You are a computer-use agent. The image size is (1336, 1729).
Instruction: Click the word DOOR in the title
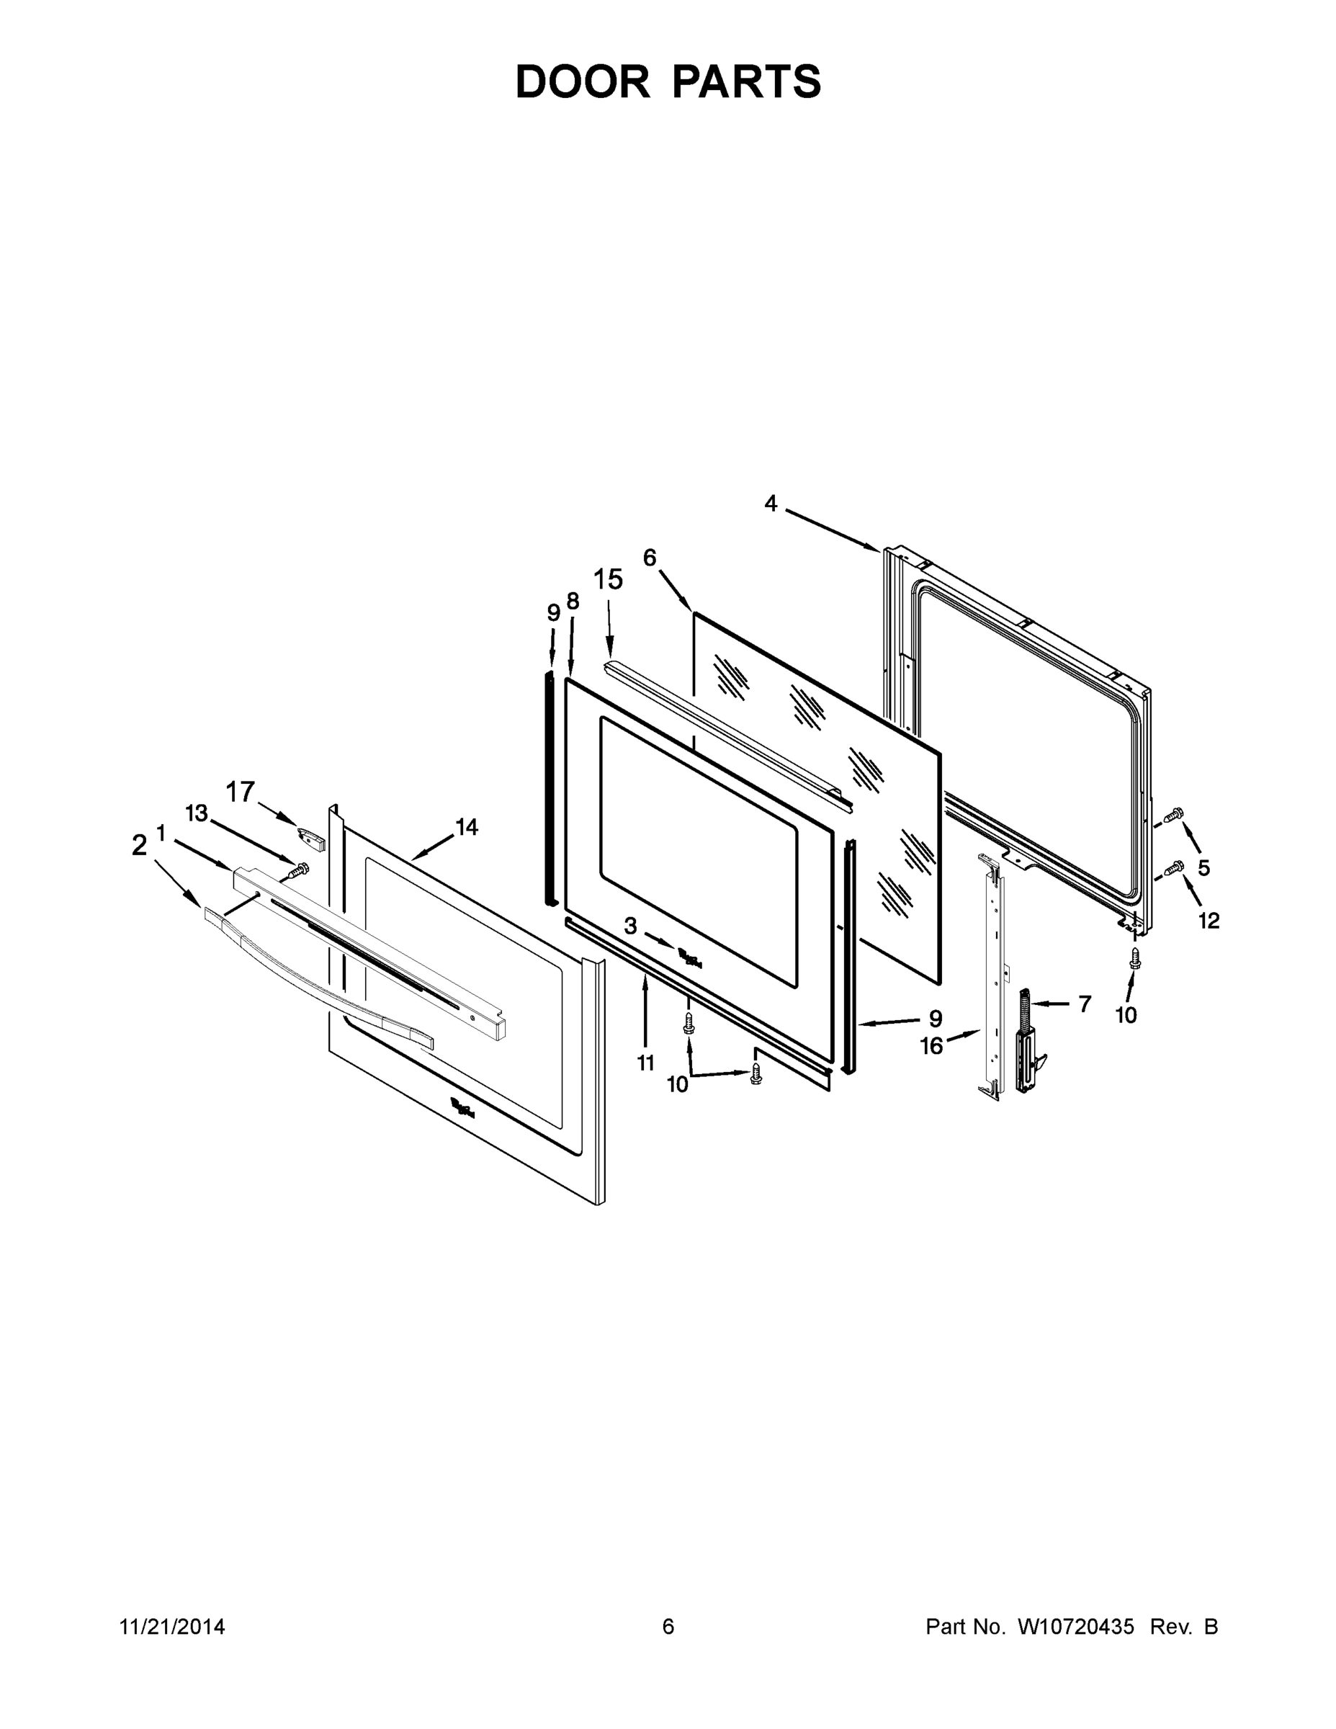pyautogui.click(x=582, y=81)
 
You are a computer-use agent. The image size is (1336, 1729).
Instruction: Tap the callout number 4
pyautogui.click(x=770, y=504)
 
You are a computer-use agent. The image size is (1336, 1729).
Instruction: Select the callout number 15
pyautogui.click(x=608, y=580)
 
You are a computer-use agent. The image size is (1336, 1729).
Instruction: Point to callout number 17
pyautogui.click(x=241, y=791)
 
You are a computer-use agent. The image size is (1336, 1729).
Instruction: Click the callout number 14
pyautogui.click(x=466, y=827)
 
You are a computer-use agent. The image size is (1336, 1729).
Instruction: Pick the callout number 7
pyautogui.click(x=1085, y=1004)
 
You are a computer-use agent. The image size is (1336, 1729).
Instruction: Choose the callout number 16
pyautogui.click(x=931, y=1046)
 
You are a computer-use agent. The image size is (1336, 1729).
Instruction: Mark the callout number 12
pyautogui.click(x=1209, y=920)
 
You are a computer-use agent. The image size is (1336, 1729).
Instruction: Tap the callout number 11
pyautogui.click(x=646, y=1063)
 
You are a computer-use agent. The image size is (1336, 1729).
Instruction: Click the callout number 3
pyautogui.click(x=630, y=926)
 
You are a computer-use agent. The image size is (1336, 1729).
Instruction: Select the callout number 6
pyautogui.click(x=649, y=558)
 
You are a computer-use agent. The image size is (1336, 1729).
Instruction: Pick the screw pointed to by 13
pyautogui.click(x=297, y=870)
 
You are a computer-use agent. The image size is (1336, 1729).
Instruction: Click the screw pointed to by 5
pyautogui.click(x=1175, y=814)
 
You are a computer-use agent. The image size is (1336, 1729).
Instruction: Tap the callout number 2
pyautogui.click(x=139, y=846)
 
